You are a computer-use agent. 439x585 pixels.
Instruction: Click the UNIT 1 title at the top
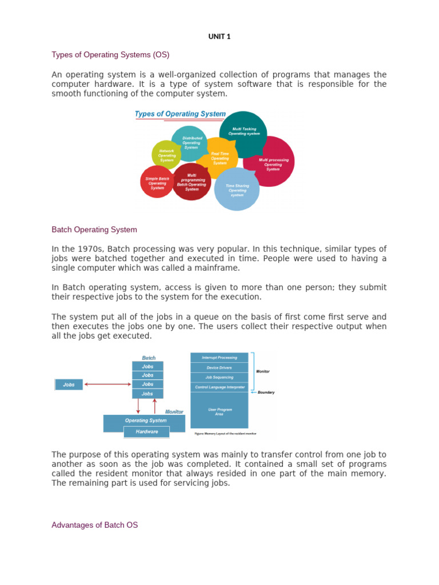pos(219,37)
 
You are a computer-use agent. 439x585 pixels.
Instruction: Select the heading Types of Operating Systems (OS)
pos(110,55)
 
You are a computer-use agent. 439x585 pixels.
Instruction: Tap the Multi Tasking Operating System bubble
pos(244,132)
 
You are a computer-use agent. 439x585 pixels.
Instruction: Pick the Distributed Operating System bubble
pos(191,143)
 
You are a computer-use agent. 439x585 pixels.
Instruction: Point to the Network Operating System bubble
pos(166,155)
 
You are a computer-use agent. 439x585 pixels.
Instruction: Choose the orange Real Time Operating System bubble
pos(219,158)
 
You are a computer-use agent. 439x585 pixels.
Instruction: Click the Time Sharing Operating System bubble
pos(237,190)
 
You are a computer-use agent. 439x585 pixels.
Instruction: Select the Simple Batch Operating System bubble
pos(157,183)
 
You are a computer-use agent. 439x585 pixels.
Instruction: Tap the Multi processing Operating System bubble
pos(273,164)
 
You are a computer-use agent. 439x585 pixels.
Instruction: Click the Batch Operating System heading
pos(94,230)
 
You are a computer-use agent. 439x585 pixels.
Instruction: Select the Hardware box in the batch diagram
pos(147,432)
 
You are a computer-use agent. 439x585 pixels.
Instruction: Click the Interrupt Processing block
pos(219,358)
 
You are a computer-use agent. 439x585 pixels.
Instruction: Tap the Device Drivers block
pos(219,367)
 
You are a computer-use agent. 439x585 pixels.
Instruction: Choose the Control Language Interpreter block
pos(219,387)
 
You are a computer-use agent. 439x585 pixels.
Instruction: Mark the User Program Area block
pos(219,411)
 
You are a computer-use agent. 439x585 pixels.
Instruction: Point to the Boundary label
pos(266,392)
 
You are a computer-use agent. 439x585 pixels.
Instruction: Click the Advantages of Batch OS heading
pos(94,524)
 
